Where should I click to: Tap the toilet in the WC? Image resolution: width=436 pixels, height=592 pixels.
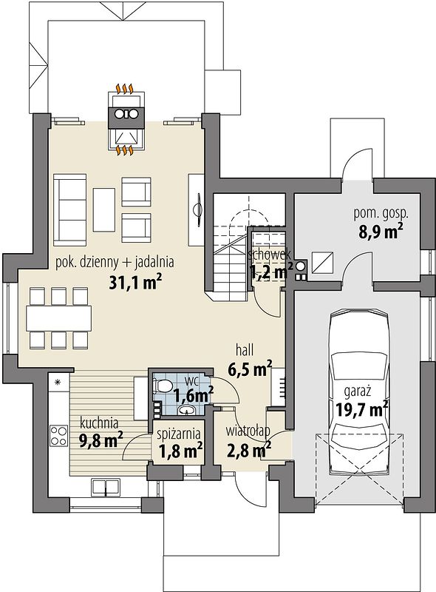pyautogui.click(x=162, y=386)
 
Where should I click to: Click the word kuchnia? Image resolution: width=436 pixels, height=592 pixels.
pyautogui.click(x=99, y=423)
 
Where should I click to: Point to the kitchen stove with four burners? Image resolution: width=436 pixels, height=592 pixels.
pyautogui.click(x=59, y=436)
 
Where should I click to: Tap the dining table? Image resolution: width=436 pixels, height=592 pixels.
pyautogui.click(x=59, y=318)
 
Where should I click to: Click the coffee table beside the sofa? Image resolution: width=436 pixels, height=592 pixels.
pyautogui.click(x=103, y=210)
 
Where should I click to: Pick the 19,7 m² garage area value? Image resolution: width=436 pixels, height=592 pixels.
pyautogui.click(x=361, y=409)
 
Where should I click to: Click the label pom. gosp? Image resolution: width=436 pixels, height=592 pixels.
pyautogui.click(x=381, y=214)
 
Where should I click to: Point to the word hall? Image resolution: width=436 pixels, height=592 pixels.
pyautogui.click(x=245, y=349)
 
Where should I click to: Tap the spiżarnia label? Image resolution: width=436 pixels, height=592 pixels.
pyautogui.click(x=179, y=434)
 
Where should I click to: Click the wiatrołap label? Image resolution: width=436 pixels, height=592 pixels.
pyautogui.click(x=248, y=431)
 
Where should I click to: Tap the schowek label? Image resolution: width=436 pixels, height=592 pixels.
pyautogui.click(x=269, y=253)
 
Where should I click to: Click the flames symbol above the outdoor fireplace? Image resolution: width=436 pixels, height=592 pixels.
pyautogui.click(x=125, y=89)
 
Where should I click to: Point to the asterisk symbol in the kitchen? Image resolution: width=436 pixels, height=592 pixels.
pyautogui.click(x=58, y=382)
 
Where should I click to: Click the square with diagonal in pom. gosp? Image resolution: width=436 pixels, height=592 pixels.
pyautogui.click(x=322, y=262)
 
